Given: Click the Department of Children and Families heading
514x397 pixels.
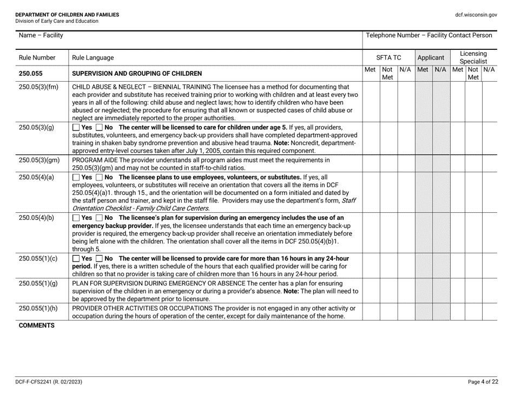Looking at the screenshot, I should tap(68, 15).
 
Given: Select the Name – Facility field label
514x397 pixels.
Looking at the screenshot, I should tap(41, 36).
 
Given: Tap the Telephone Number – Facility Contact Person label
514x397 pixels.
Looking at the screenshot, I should tap(429, 36).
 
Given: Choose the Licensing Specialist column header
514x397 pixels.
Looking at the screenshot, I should tap(473, 57).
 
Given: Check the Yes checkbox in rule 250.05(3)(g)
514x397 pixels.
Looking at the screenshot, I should tap(75, 127).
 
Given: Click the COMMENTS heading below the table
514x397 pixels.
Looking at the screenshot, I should tap(37, 326).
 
